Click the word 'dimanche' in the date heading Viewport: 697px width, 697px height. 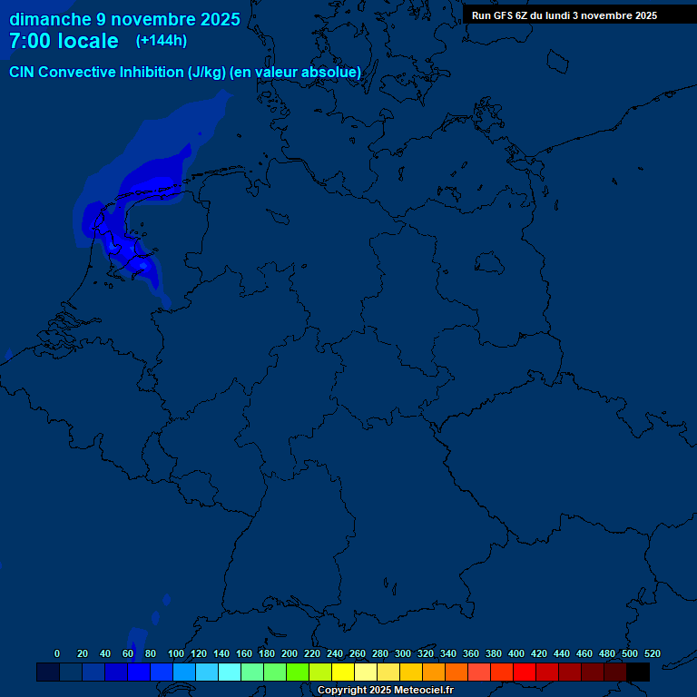(x=51, y=19)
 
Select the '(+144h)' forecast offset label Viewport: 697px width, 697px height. (x=162, y=41)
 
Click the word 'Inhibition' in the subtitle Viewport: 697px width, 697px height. (x=152, y=72)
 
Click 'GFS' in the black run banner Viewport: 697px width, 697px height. (x=505, y=15)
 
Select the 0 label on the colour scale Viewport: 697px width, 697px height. (x=57, y=653)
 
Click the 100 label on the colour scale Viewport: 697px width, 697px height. (x=176, y=653)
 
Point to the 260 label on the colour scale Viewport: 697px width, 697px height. (x=358, y=653)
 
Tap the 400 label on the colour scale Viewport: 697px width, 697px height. (x=516, y=653)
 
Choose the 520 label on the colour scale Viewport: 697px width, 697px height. (x=653, y=653)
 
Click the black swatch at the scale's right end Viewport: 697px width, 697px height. (x=638, y=672)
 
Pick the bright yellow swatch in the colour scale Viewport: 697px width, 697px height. (x=343, y=672)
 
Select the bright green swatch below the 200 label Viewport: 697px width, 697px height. (x=298, y=672)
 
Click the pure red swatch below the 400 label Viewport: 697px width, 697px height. (x=525, y=672)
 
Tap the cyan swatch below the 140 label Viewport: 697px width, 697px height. (x=230, y=672)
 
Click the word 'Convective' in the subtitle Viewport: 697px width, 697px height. (x=77, y=72)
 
